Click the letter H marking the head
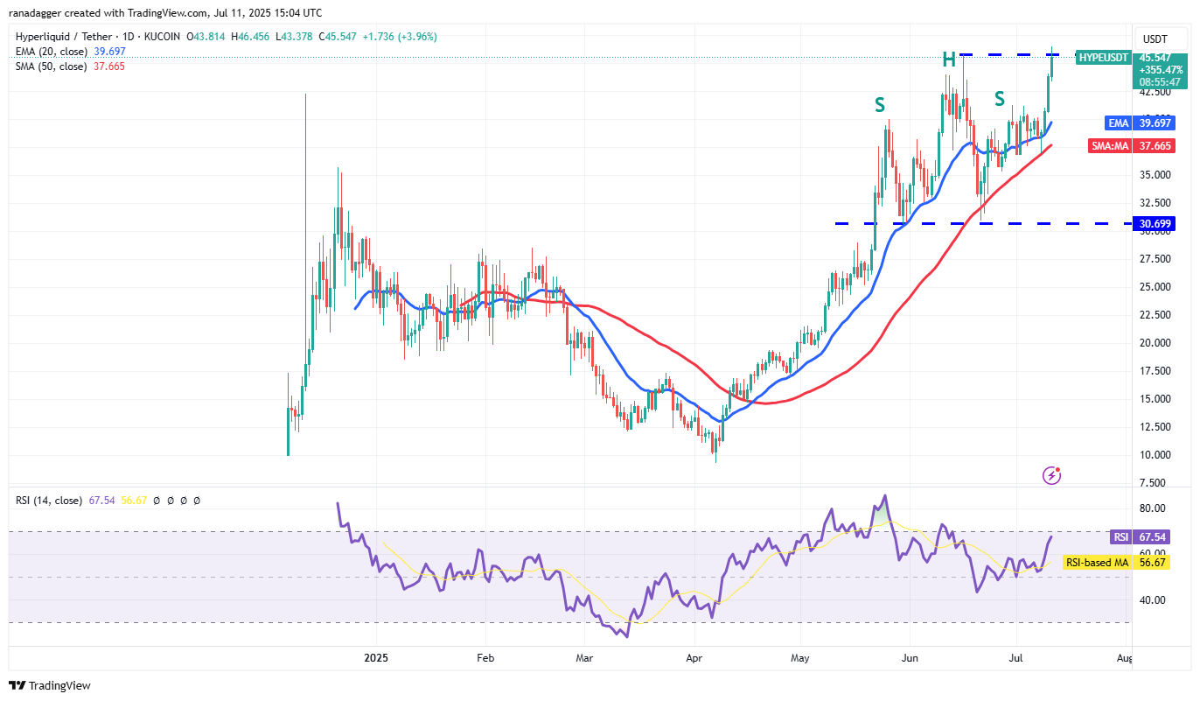click(949, 60)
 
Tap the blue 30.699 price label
click(1155, 224)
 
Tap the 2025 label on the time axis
click(375, 656)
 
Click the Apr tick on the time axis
click(694, 656)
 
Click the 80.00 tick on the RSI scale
click(1152, 508)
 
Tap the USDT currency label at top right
click(1155, 39)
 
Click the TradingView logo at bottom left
click(50, 685)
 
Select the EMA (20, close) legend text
click(52, 52)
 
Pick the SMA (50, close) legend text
click(52, 67)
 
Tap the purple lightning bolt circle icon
click(1051, 475)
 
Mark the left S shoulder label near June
click(879, 106)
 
